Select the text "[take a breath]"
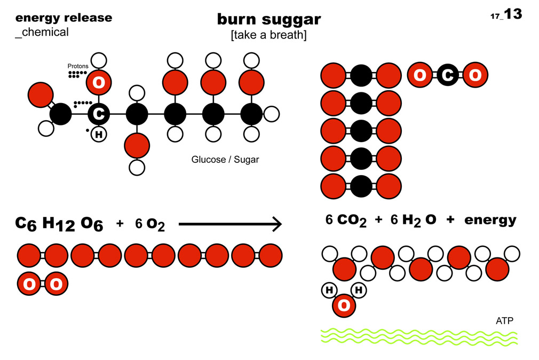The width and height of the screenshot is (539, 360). tap(268, 35)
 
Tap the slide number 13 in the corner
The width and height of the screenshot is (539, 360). tap(513, 14)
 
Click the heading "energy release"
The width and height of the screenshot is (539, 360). tap(64, 18)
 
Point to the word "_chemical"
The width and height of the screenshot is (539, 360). tap(42, 32)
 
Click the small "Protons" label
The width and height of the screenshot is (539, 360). tap(78, 66)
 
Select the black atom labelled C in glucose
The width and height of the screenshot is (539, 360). tap(99, 114)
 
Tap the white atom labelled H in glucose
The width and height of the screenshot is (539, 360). tap(99, 135)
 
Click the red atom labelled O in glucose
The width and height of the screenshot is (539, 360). tap(99, 82)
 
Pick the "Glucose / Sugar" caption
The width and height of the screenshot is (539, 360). tap(225, 160)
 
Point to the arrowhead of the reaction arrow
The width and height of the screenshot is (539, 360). tap(276, 224)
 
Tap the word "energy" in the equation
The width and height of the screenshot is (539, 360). tap(490, 220)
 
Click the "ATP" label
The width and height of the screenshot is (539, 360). tap(504, 321)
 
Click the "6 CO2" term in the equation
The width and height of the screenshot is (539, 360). tap(346, 220)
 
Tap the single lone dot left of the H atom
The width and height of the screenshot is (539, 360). tap(88, 130)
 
